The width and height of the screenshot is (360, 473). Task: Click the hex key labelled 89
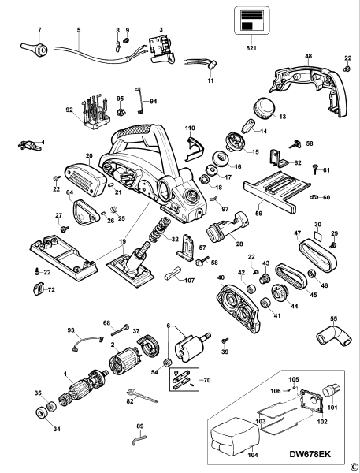[x=142, y=438]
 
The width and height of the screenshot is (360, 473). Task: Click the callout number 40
[x=221, y=277]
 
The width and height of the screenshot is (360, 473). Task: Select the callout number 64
[x=69, y=192]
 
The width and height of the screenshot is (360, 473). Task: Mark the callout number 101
[x=332, y=408]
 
